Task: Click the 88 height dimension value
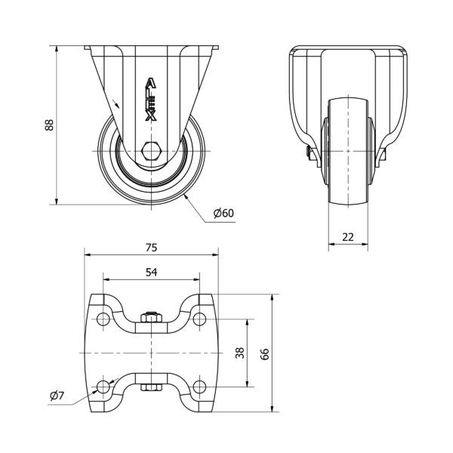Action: (49, 125)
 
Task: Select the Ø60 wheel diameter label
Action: (223, 213)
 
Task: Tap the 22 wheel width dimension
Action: (348, 237)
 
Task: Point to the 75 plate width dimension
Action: (152, 248)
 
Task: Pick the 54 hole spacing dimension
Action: (152, 272)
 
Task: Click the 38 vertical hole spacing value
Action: (240, 353)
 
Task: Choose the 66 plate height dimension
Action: (265, 354)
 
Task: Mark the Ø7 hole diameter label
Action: (57, 396)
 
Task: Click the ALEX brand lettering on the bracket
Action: (151, 99)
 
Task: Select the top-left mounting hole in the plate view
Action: (103, 319)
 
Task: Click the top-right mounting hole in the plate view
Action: (199, 319)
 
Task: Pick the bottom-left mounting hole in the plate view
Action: (103, 387)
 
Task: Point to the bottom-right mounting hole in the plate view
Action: (199, 387)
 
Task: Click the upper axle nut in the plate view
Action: (152, 318)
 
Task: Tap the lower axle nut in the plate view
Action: (152, 387)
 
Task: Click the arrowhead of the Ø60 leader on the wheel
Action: (186, 197)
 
